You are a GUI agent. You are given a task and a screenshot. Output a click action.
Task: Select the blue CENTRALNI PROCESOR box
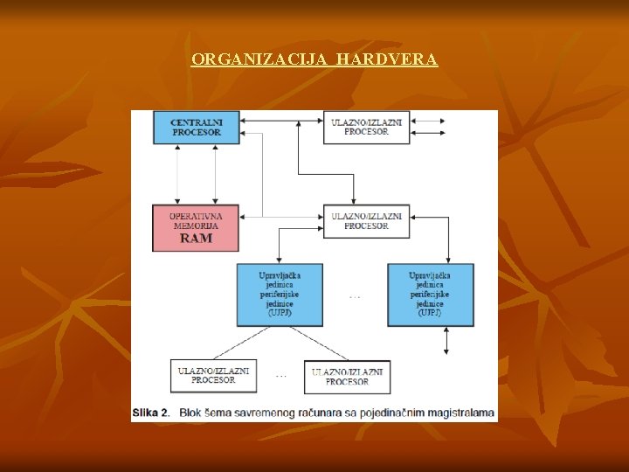[x=196, y=128]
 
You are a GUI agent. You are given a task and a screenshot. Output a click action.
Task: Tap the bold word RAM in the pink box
[x=195, y=238]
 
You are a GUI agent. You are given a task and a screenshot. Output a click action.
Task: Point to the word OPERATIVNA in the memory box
[x=195, y=215]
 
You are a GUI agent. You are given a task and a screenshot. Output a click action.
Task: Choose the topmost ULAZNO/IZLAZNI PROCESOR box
[x=366, y=128]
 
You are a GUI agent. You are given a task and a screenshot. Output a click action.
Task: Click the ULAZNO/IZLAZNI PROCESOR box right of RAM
[x=366, y=221]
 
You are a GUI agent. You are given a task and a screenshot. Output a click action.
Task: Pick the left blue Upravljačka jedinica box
[x=280, y=295]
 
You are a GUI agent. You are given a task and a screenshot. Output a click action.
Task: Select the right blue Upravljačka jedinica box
[x=431, y=295]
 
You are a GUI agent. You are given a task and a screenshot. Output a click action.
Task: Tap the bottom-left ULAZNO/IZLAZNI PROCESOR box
[x=213, y=376]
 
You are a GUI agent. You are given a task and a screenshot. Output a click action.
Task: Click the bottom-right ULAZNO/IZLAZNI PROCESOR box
[x=347, y=377]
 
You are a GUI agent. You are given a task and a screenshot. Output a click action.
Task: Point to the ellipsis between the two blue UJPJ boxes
[x=355, y=297]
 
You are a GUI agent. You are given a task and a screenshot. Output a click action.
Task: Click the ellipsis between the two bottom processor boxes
[x=280, y=376]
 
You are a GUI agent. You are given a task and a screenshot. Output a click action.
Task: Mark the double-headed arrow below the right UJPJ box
[x=446, y=341]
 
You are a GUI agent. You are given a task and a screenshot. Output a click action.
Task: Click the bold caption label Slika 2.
[x=151, y=413]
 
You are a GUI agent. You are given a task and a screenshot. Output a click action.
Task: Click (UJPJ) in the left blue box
[x=280, y=312]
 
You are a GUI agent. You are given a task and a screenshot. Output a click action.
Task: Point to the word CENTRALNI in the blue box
[x=196, y=122]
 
